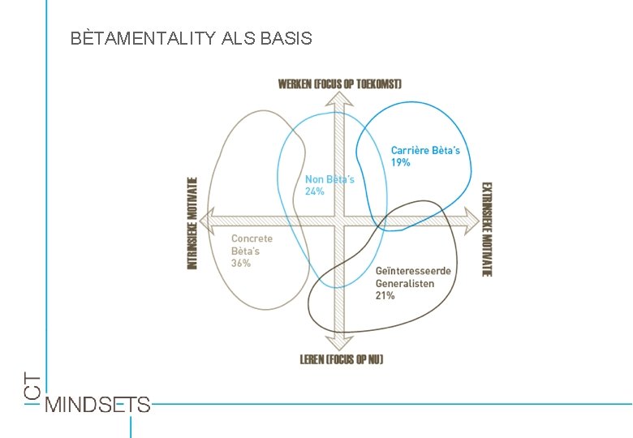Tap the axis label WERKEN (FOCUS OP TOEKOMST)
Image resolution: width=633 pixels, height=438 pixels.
tap(339, 84)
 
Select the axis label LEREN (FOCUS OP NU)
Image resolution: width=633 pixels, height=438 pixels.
tap(342, 359)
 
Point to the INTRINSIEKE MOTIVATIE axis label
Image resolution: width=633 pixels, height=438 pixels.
tap(192, 223)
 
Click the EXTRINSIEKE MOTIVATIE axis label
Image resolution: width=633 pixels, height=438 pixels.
tap(487, 229)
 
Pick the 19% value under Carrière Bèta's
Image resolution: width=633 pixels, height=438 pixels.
tap(401, 163)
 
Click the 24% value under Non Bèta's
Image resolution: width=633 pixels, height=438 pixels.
tap(315, 191)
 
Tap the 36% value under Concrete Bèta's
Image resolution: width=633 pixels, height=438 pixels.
tap(241, 264)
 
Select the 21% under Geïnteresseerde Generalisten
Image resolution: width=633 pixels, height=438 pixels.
tap(385, 296)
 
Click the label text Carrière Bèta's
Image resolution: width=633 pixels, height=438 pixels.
tap(425, 150)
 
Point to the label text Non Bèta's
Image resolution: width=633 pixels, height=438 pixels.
tap(329, 179)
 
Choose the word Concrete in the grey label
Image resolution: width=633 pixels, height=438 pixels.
tap(252, 238)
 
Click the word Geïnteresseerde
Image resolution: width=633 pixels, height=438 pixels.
tap(413, 271)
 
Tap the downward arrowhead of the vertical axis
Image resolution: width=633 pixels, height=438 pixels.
tap(342, 342)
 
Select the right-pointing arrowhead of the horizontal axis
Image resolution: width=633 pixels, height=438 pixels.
tap(472, 217)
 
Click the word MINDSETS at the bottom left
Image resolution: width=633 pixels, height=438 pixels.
tap(98, 404)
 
